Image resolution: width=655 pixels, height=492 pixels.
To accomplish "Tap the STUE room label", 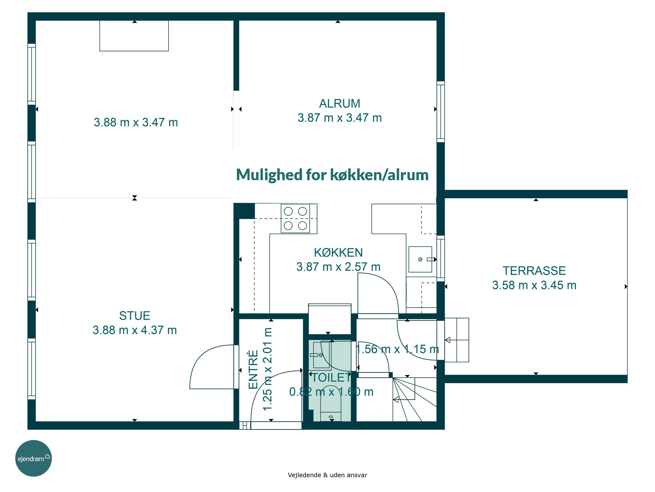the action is (x=134, y=316).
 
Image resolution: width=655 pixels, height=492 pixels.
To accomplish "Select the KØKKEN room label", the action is (x=338, y=253).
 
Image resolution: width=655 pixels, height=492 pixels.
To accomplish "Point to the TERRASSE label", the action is (x=534, y=271).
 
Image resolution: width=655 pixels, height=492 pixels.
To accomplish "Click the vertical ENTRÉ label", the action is (x=253, y=370).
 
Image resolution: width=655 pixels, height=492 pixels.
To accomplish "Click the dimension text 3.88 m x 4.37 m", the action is (x=135, y=330).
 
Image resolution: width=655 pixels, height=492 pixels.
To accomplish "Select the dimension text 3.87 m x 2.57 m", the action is (x=338, y=267).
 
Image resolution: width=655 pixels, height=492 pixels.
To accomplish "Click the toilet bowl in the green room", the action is (x=331, y=403).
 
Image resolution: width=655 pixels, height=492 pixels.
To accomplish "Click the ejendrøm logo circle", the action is (x=33, y=458).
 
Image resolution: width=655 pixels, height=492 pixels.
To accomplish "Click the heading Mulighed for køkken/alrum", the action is (x=332, y=175).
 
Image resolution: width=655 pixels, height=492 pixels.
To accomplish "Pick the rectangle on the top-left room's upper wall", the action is (x=134, y=36).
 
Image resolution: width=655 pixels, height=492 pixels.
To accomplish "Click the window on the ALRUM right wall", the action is (x=441, y=112).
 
